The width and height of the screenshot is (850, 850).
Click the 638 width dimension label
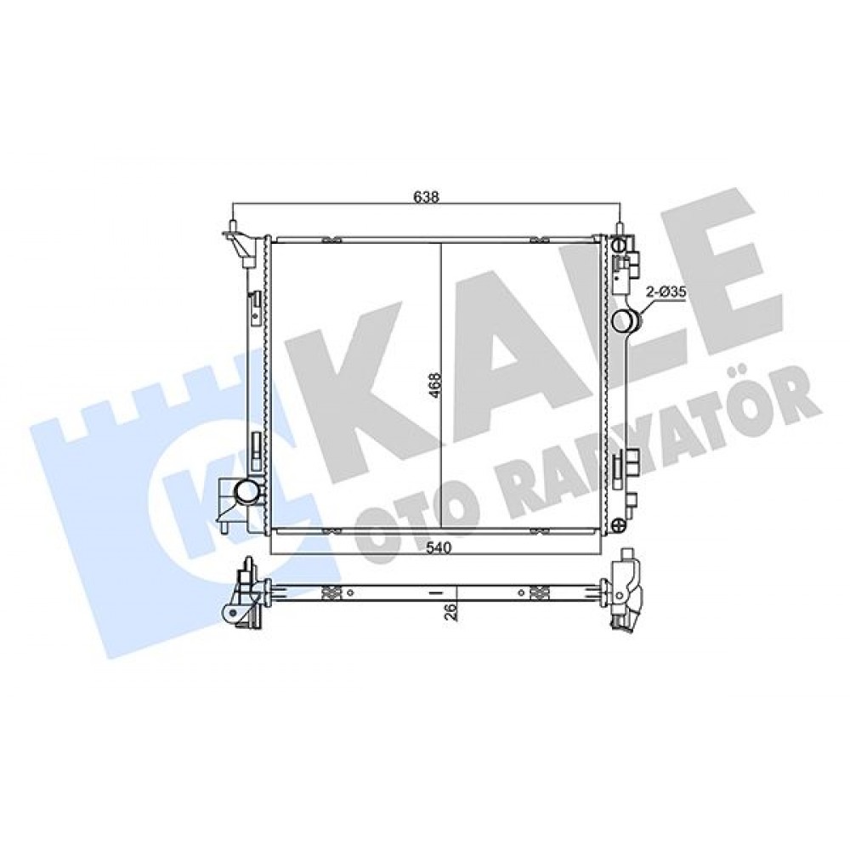(426, 196)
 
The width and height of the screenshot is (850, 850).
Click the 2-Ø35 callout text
(666, 292)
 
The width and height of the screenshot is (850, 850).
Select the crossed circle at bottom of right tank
(619, 524)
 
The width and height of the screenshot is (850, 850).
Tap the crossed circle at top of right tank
(619, 245)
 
